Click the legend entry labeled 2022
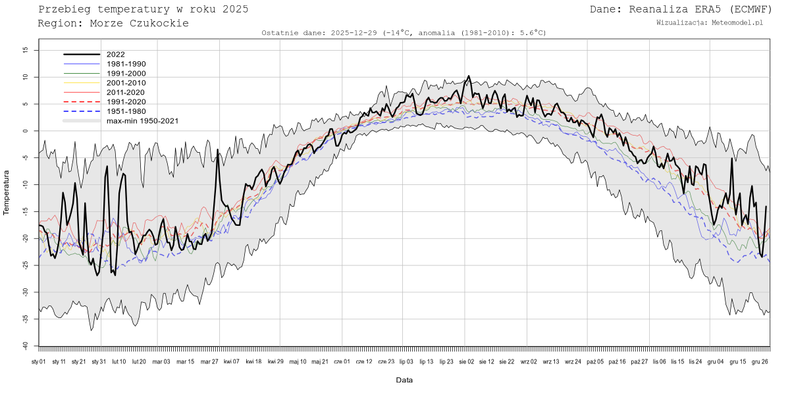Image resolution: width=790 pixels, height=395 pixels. tap(115, 55)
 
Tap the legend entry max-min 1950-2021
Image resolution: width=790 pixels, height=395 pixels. tap(142, 121)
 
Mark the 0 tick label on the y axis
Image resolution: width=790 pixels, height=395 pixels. tap(26, 131)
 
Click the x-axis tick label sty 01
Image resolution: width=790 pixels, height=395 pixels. tap(39, 361)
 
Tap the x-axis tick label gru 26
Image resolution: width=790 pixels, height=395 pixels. tap(760, 361)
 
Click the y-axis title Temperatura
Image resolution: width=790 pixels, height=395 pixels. tap(7, 192)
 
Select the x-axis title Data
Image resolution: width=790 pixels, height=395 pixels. tap(404, 380)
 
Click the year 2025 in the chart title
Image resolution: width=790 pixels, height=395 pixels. tap(235, 9)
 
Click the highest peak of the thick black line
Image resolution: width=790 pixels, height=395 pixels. tap(468, 76)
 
